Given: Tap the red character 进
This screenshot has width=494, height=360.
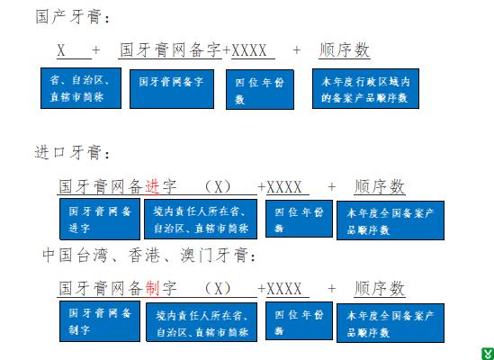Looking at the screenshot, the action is pyautogui.click(x=152, y=186).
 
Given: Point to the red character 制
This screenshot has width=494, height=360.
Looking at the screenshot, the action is pyautogui.click(x=152, y=288).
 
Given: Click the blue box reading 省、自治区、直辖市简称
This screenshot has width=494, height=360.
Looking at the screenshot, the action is pyautogui.click(x=81, y=88).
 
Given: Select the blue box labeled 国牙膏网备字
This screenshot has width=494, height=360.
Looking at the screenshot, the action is pyautogui.click(x=172, y=89).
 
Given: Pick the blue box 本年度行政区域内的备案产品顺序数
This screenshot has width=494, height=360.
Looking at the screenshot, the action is pyautogui.click(x=365, y=88).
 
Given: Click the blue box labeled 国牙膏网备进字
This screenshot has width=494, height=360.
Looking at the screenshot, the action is pyautogui.click(x=100, y=219).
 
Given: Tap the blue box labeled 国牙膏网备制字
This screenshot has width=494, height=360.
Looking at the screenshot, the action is pyautogui.click(x=100, y=321).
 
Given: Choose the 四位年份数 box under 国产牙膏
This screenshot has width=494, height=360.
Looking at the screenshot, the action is pyautogui.click(x=260, y=90).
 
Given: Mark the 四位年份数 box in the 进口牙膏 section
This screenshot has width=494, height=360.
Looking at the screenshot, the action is pyautogui.click(x=299, y=219).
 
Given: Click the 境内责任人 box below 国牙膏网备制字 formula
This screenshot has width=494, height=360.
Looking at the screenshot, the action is pyautogui.click(x=202, y=322).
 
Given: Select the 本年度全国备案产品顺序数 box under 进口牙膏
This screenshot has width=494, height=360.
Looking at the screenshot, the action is pyautogui.click(x=391, y=220).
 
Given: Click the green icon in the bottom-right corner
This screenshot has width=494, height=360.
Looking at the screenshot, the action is pyautogui.click(x=488, y=354).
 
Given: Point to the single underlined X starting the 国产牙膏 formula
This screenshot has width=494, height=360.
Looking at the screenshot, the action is pyautogui.click(x=61, y=50).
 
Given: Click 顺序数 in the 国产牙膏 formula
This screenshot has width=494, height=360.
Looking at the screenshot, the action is pyautogui.click(x=345, y=50).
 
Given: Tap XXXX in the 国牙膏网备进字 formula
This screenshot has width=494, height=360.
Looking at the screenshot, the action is pyautogui.click(x=284, y=187).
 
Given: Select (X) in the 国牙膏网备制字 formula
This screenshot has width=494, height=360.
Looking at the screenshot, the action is pyautogui.click(x=218, y=288).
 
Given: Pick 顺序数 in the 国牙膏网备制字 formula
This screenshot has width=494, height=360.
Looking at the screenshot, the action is pyautogui.click(x=380, y=288).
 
